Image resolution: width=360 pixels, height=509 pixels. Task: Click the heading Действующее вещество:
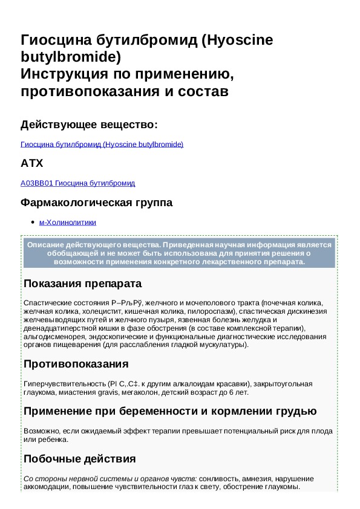point(89,125)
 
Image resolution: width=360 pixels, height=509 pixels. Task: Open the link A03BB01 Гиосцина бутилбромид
point(77,183)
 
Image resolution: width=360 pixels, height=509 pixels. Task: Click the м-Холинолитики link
point(67,222)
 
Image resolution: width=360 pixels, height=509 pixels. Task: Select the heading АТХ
point(31,163)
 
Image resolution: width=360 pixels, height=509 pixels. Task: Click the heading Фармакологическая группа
point(96,203)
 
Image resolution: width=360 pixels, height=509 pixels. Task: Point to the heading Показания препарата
point(82,284)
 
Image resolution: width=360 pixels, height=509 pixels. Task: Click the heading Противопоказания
point(76,364)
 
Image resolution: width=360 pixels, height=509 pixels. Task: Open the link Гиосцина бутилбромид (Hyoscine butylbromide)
point(102,144)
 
